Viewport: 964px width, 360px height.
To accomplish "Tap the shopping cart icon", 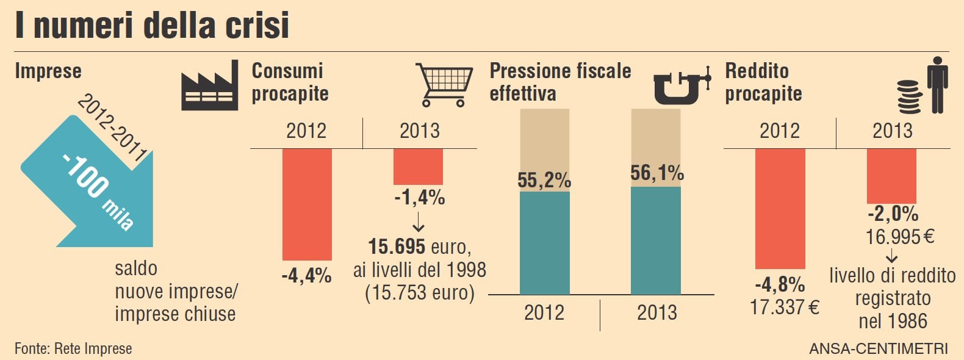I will [x=445, y=84].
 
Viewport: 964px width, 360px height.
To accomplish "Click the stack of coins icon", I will [x=909, y=98].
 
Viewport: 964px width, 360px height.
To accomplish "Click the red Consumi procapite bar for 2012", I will [x=307, y=204].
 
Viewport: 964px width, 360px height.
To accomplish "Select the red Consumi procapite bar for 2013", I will [x=418, y=167].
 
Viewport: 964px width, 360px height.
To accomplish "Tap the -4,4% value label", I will [x=306, y=275].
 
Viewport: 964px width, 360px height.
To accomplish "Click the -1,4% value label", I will [x=419, y=198].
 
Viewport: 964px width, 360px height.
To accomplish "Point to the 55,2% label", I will [x=544, y=180].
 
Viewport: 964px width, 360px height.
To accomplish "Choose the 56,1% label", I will [x=656, y=173].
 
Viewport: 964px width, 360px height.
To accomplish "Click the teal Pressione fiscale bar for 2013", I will [x=656, y=241].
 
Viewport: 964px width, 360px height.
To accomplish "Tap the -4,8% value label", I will [x=780, y=284].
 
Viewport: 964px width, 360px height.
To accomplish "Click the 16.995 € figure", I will [x=900, y=236].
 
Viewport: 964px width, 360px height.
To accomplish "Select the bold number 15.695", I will [x=397, y=247].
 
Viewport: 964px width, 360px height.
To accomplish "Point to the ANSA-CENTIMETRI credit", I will [x=879, y=348].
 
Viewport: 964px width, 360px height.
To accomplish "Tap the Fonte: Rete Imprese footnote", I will [x=73, y=348].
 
